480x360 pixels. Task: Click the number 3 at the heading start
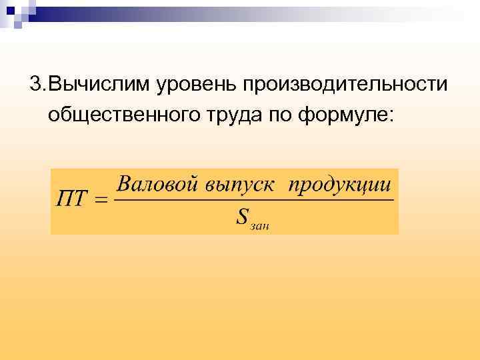coord(34,85)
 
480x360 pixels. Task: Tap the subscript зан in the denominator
coord(260,225)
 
